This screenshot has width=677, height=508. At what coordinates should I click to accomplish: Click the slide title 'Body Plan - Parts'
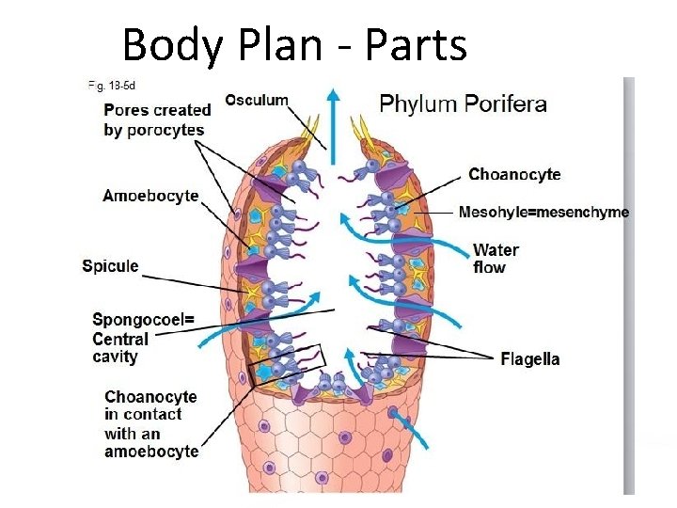pos(294,44)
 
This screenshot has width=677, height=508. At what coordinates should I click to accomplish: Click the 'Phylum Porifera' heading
pos(463,103)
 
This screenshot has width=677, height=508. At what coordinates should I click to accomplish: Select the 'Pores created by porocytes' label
pos(157,119)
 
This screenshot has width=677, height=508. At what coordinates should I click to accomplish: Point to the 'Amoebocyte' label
pos(150,196)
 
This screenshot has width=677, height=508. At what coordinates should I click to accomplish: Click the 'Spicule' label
pos(110,266)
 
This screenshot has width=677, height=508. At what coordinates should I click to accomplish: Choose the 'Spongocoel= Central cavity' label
pos(143,338)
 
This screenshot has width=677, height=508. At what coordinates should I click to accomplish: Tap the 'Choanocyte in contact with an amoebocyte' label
pos(150,424)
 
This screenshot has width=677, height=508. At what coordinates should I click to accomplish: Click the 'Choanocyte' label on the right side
pos(514,174)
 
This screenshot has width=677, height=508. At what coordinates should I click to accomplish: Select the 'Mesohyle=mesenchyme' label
pos(543,213)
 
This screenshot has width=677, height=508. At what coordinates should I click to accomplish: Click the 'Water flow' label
pos(496,259)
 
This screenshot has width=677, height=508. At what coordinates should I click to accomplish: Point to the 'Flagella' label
pos(530,359)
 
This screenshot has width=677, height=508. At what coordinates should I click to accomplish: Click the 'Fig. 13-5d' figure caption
pos(108,85)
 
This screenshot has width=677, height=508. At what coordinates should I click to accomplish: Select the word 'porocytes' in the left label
pos(167,130)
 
